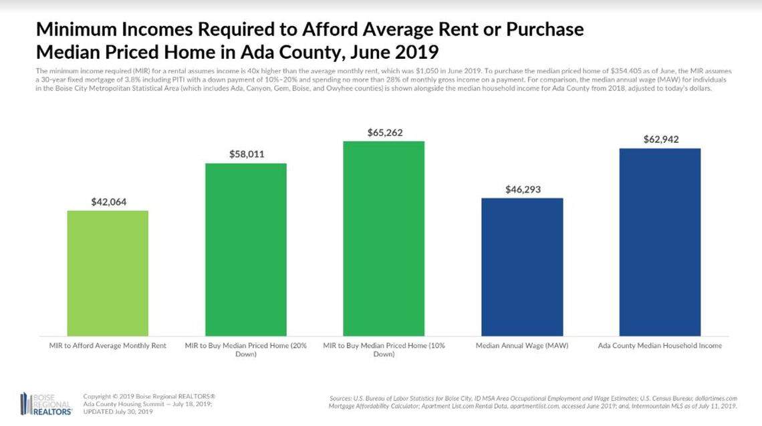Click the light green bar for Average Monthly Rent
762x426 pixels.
click(x=108, y=273)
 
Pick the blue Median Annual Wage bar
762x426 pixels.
click(x=522, y=266)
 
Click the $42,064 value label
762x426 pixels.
click(x=108, y=201)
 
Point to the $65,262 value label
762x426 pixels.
click(x=384, y=132)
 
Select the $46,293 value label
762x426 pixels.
click(x=522, y=190)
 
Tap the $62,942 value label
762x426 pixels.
click(x=660, y=139)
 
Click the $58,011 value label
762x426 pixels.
click(x=245, y=154)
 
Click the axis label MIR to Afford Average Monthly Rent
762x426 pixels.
click(x=108, y=346)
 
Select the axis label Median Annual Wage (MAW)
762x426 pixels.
click(x=522, y=346)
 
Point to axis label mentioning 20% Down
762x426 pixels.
click(x=245, y=350)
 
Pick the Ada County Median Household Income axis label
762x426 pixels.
click(x=660, y=346)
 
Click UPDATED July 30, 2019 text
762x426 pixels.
click(x=118, y=412)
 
